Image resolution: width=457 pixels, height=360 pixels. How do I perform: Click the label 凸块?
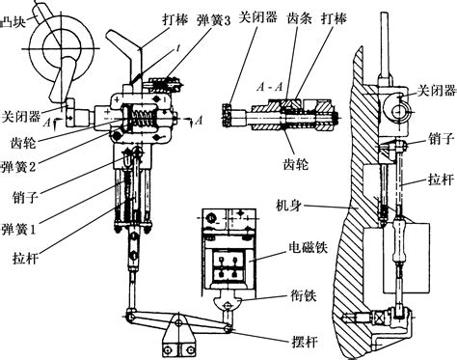point(13,23)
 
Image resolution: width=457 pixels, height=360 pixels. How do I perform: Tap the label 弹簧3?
point(213,21)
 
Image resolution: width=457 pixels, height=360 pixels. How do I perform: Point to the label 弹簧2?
point(18,167)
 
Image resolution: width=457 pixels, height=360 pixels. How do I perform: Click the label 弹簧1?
point(18,229)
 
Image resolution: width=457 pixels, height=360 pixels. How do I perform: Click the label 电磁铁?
point(309,247)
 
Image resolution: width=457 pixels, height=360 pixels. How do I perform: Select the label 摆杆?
point(304,342)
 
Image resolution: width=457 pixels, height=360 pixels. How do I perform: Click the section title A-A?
point(270,87)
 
